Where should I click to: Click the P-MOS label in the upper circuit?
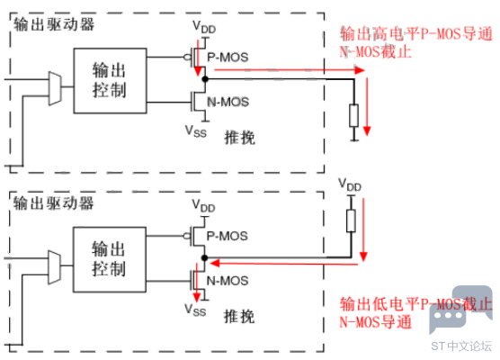[x=228, y=58]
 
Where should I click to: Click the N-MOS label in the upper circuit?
[x=228, y=102]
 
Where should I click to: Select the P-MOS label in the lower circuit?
[x=227, y=236]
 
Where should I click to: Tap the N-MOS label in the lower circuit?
[x=228, y=281]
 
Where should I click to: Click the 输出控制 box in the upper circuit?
[x=111, y=81]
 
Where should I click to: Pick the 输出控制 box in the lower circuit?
[x=110, y=260]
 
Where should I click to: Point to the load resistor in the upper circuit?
[x=353, y=115]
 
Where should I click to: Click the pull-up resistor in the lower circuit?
[x=351, y=220]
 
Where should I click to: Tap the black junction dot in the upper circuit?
[x=205, y=79]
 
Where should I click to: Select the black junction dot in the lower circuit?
[x=205, y=257]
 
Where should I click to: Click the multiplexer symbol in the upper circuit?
[x=55, y=88]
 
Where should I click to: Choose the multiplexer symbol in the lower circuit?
[x=54, y=267]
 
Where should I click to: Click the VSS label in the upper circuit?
[x=196, y=131]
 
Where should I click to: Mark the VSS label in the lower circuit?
[x=195, y=310]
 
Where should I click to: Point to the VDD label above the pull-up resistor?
[x=350, y=185]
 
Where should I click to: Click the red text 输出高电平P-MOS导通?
[x=416, y=34]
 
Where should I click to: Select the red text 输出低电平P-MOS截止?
[x=416, y=304]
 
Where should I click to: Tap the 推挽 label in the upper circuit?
[x=240, y=138]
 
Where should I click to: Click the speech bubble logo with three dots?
[x=460, y=309]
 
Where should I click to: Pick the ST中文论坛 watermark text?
[x=461, y=346]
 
